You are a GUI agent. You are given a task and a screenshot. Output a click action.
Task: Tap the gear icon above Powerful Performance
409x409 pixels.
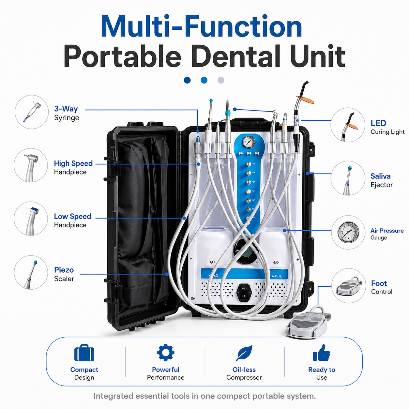tap(166, 353)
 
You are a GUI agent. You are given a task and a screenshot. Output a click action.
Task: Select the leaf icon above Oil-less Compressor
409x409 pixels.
tap(244, 353)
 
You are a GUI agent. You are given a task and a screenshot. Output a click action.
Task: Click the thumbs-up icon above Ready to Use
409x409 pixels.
tap(321, 353)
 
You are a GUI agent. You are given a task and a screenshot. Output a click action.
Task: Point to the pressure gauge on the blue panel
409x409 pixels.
tap(249, 142)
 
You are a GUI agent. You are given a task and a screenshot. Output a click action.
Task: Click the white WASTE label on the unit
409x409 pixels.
tap(277, 276)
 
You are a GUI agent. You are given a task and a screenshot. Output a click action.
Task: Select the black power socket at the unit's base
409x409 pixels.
tap(244, 292)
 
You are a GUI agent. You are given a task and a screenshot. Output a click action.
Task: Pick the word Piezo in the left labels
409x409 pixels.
tap(64, 270)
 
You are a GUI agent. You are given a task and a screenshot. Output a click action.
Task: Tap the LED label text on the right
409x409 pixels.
tap(378, 123)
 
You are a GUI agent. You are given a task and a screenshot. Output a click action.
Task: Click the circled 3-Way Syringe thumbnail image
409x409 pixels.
tap(32, 112)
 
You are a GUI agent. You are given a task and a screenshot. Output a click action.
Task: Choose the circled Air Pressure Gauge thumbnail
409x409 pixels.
tap(348, 232)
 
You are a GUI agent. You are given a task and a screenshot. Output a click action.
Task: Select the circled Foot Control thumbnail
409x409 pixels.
tap(349, 285)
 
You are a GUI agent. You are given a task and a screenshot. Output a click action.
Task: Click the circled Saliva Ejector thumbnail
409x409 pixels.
tap(348, 178)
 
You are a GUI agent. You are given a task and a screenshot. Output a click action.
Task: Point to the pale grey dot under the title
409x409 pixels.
tap(221, 80)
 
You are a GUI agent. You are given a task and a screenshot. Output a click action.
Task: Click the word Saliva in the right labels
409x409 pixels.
tap(380, 176)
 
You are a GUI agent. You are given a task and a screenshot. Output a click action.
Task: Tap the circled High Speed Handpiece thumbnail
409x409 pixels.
tap(31, 165)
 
